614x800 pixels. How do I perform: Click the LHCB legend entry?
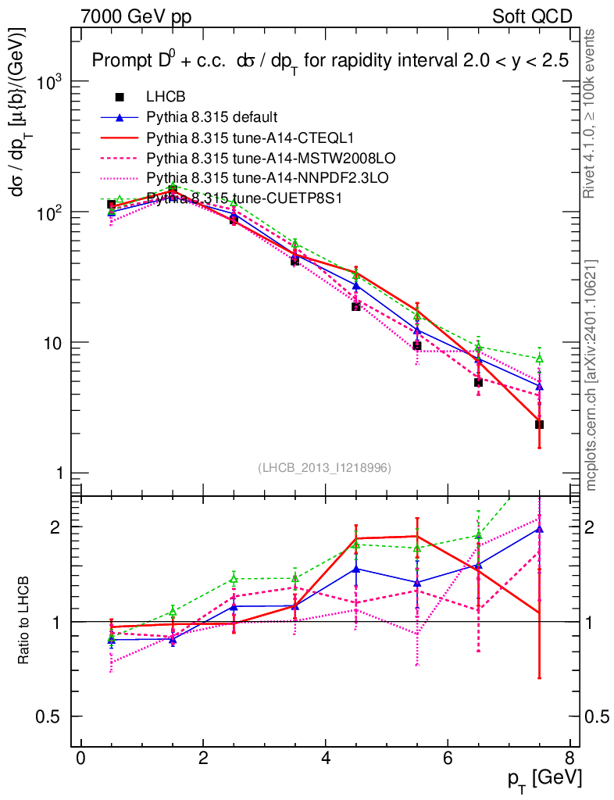tap(166, 97)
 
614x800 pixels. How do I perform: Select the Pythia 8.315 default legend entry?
tap(212, 117)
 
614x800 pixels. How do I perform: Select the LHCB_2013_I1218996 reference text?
tap(324, 467)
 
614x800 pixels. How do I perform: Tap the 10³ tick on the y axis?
tap(48, 82)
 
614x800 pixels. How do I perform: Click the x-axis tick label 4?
tap(324, 758)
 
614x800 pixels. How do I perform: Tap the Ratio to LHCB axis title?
tap(24, 622)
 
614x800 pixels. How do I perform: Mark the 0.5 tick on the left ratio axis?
tap(52, 716)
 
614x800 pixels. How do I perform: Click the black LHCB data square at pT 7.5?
tap(539, 424)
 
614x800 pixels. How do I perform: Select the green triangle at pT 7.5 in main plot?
tap(539, 359)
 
